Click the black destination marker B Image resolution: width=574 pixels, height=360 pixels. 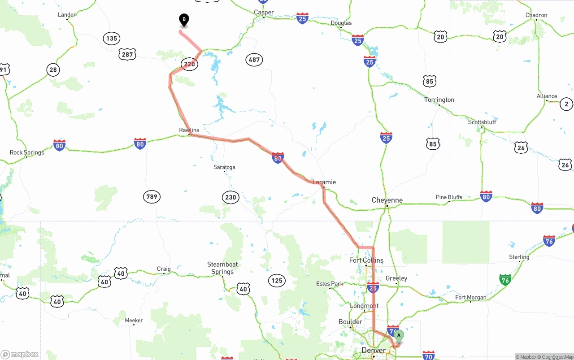(184, 20)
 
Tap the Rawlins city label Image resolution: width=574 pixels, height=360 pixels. (189, 130)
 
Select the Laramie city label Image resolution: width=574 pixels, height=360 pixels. (324, 182)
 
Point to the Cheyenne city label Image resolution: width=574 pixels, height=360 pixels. (387, 200)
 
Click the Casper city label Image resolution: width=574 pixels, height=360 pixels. (264, 13)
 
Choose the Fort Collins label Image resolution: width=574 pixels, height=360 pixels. (366, 260)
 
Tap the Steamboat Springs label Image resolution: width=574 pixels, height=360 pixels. (222, 268)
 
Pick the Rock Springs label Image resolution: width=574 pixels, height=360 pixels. (27, 152)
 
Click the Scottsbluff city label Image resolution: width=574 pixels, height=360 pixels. (482, 122)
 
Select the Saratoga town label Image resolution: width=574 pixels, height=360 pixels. (224, 167)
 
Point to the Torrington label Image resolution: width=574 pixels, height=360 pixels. (439, 100)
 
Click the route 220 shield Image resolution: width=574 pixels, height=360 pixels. (190, 64)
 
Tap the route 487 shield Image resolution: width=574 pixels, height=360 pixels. (254, 60)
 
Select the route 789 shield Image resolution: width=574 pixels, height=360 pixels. (152, 196)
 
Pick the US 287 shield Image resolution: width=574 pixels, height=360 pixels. (127, 55)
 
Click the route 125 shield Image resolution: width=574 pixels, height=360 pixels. (277, 281)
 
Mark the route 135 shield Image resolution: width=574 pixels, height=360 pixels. (111, 38)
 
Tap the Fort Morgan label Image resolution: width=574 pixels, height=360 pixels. (470, 297)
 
